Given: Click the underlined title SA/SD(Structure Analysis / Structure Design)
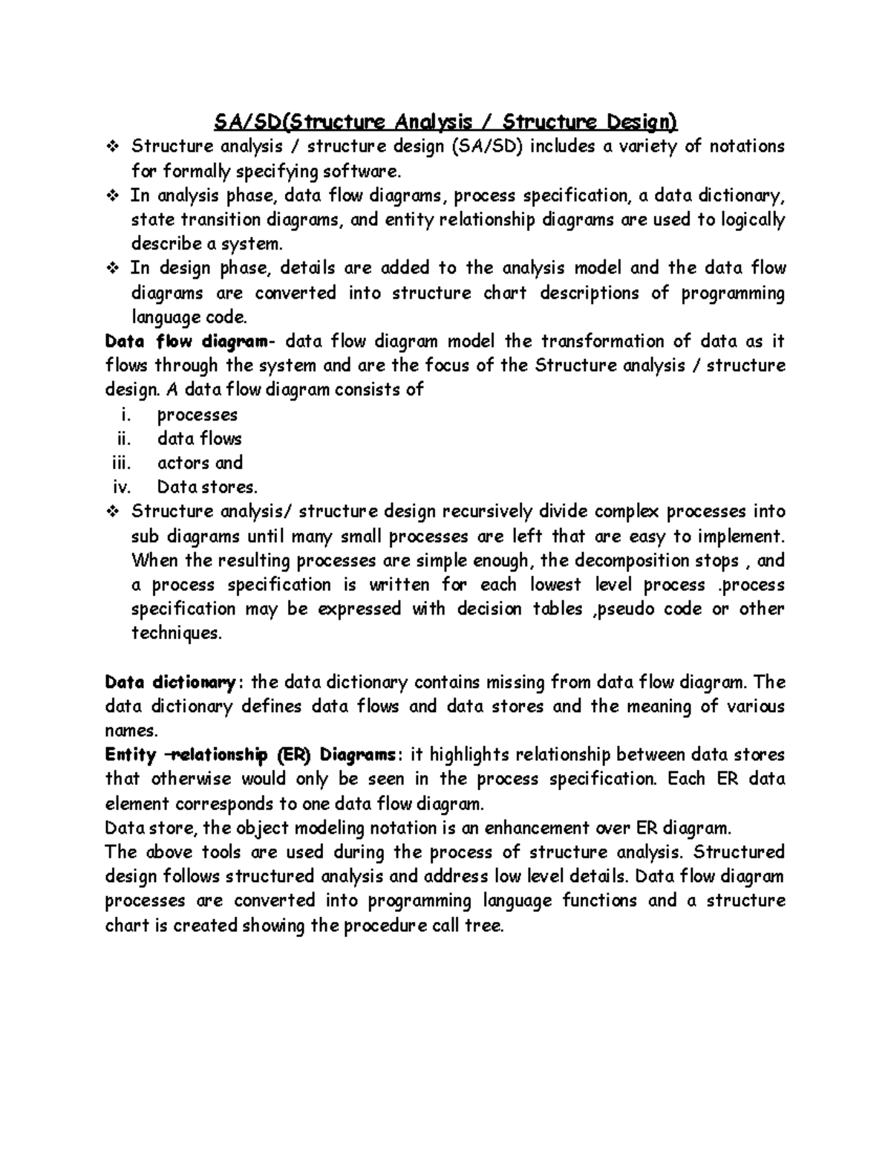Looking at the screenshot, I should point(446,122).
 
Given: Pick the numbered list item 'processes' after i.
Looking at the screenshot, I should point(197,415).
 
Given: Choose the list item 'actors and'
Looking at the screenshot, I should point(200,463).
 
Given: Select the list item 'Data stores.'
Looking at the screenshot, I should point(207,487).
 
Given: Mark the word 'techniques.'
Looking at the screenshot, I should point(176,634).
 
